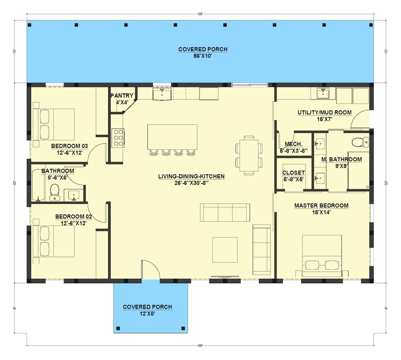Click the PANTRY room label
coord(122,95)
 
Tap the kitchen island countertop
coord(172,137)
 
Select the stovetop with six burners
coord(118,138)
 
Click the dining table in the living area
coord(249,155)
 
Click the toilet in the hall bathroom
coord(54,192)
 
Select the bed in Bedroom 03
coord(54,125)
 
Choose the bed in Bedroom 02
coord(54,241)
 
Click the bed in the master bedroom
coord(322,256)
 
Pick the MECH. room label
coord(293,144)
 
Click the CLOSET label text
coord(293,173)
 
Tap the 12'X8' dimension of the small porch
coord(147,314)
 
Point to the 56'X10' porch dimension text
coord(203,56)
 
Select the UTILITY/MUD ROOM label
coord(324,112)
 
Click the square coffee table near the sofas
coord(225,250)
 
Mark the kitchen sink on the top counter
coord(162,94)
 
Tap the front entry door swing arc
coord(151,267)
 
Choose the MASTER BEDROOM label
coord(321,206)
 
